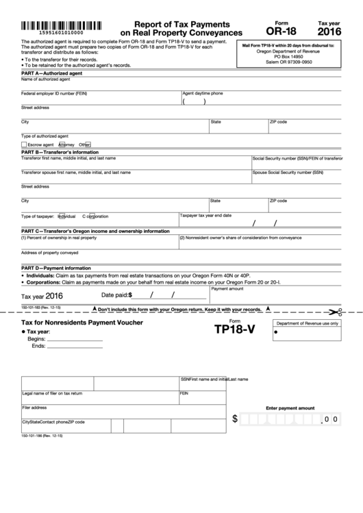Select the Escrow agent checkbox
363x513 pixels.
coord(24,145)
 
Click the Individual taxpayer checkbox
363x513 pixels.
coord(61,216)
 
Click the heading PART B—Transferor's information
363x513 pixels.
coord(56,151)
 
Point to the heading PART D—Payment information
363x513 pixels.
coord(56,268)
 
